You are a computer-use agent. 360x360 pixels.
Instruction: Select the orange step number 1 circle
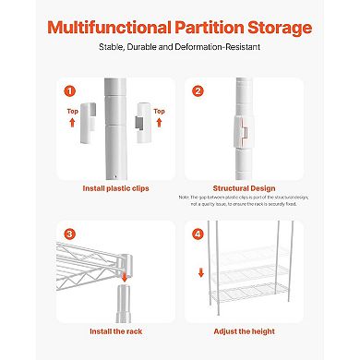tap(68, 91)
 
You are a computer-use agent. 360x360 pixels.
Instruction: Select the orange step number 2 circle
tap(198, 91)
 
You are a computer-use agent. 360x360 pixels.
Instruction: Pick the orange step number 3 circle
tap(68, 234)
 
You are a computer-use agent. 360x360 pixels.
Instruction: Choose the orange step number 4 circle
tap(198, 234)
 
